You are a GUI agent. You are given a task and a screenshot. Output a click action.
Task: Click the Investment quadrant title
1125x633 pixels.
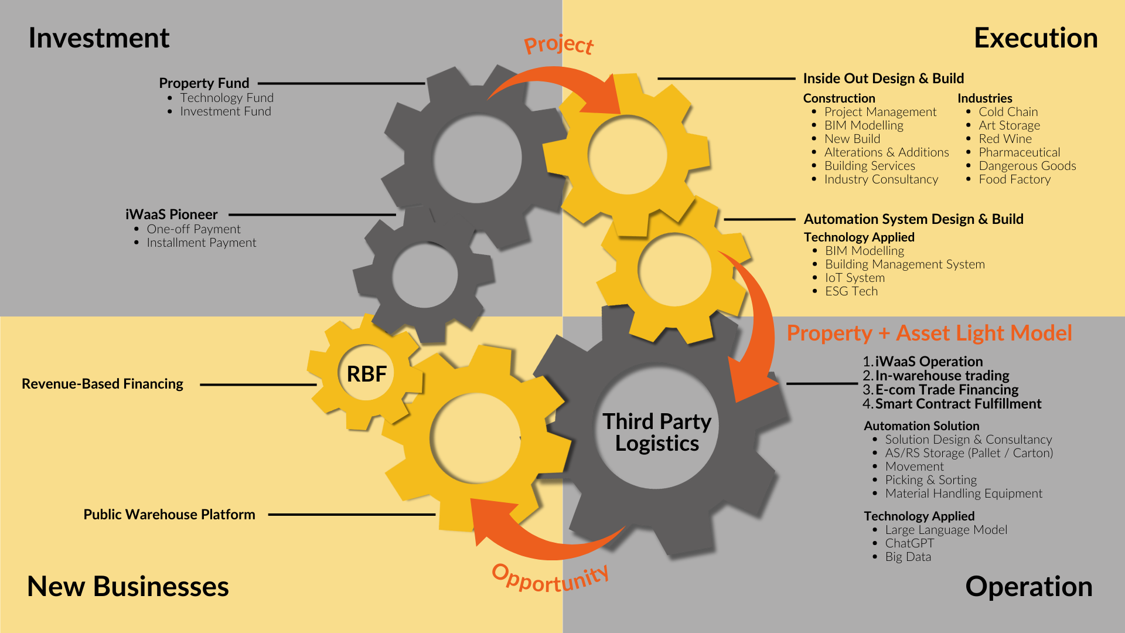[x=98, y=38]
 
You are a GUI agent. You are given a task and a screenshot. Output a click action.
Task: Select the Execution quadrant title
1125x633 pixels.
[x=1035, y=38]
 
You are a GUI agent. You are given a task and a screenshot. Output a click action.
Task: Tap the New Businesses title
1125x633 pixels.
[x=128, y=587]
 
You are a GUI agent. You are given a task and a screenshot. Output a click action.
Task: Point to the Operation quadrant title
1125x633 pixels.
[x=1028, y=587]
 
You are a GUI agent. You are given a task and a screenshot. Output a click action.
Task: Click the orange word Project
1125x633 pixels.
[x=558, y=45]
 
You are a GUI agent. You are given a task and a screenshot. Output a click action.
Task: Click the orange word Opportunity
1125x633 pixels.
[x=550, y=578]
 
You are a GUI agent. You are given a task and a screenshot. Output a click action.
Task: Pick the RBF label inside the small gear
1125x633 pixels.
[x=367, y=374]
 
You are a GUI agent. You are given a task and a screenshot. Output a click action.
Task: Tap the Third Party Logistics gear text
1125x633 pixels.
[x=657, y=433]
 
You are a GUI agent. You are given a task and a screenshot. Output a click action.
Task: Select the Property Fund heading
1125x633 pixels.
[x=204, y=83]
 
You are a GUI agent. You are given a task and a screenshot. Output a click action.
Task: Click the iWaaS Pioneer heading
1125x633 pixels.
[x=171, y=215]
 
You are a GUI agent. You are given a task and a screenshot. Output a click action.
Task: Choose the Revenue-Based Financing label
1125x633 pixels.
[x=103, y=384]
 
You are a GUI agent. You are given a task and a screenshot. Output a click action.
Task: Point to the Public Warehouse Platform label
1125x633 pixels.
[x=169, y=515]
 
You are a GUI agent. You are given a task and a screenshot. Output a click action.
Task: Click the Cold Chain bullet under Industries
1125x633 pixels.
[x=1008, y=112]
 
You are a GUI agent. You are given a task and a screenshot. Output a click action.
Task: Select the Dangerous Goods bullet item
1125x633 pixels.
[x=1027, y=166]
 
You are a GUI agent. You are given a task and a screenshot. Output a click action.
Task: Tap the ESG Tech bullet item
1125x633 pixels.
[x=851, y=291]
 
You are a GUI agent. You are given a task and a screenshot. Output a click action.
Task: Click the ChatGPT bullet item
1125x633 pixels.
[x=909, y=543]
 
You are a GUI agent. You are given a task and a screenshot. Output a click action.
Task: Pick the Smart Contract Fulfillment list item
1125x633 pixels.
[x=958, y=404]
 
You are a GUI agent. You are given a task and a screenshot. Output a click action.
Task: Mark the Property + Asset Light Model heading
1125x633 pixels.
[x=929, y=333]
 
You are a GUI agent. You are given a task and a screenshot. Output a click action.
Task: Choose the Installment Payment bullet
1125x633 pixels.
[x=201, y=243]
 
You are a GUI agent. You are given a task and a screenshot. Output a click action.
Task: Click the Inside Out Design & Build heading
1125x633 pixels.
[x=883, y=79]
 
